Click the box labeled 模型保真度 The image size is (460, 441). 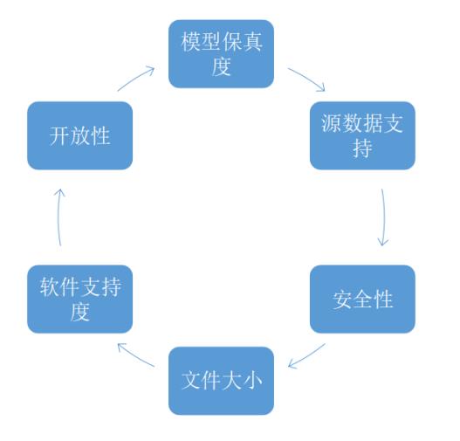pos(221,53)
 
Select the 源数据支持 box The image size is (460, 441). pos(362,135)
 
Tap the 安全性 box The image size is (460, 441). pos(362,299)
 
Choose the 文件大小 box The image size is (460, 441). pos(221,381)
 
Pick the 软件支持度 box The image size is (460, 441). pos(79,299)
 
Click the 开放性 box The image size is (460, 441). pos(79,135)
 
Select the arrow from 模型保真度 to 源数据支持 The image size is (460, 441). pos(307,78)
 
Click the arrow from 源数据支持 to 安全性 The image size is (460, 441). pos(384,217)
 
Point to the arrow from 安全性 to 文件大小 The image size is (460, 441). pos(306,356)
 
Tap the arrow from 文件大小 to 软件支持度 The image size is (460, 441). pos(135,356)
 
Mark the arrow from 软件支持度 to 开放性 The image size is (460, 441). pos(58,217)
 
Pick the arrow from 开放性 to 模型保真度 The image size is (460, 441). pos(135,78)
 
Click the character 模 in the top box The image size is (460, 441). pos(190,42)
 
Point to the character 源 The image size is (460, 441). pos(332,123)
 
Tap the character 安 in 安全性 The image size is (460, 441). pos(342,300)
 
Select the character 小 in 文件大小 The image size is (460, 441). pos(252,381)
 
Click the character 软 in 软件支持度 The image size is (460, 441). pos(50,287)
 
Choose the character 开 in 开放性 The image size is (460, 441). pos(59,136)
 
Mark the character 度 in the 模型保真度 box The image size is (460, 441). pos(221,66)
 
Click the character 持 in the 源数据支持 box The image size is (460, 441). pos(362,148)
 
